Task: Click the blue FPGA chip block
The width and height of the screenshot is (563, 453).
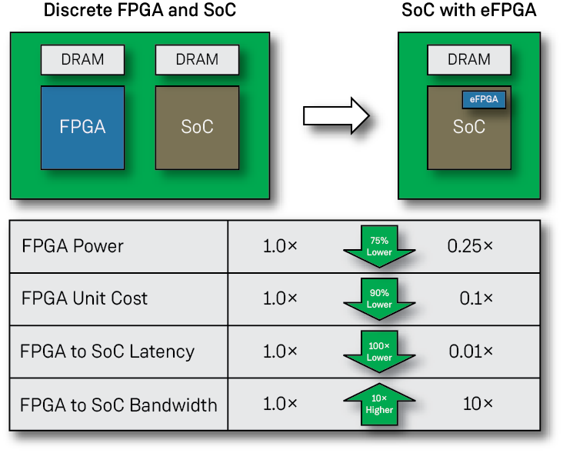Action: point(82,127)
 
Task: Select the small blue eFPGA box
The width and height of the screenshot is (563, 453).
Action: point(484,99)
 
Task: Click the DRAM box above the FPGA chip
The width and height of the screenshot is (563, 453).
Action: point(82,59)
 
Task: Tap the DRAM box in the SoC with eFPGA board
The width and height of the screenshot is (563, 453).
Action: point(468,59)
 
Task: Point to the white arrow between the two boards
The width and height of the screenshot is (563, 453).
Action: point(336,115)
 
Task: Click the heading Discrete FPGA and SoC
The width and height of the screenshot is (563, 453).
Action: point(139,12)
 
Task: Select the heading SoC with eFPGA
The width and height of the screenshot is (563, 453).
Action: point(468,12)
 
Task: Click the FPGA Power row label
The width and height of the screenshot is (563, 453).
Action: point(73,246)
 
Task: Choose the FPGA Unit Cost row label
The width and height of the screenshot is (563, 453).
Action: point(85,298)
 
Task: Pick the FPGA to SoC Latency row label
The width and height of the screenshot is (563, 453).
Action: point(108,351)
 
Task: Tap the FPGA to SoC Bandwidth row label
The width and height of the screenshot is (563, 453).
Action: point(119,405)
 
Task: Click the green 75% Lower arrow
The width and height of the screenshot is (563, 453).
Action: point(379,247)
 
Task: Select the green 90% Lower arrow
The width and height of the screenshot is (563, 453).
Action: point(379,299)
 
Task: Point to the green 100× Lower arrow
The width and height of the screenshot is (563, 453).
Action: point(379,352)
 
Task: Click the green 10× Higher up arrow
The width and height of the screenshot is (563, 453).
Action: point(379,404)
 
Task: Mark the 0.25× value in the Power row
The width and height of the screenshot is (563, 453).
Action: point(470,246)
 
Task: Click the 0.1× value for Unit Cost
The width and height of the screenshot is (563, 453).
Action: point(476,298)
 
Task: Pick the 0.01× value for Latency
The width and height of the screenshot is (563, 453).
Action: point(471,351)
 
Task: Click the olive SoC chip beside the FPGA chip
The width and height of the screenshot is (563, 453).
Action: point(197,127)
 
